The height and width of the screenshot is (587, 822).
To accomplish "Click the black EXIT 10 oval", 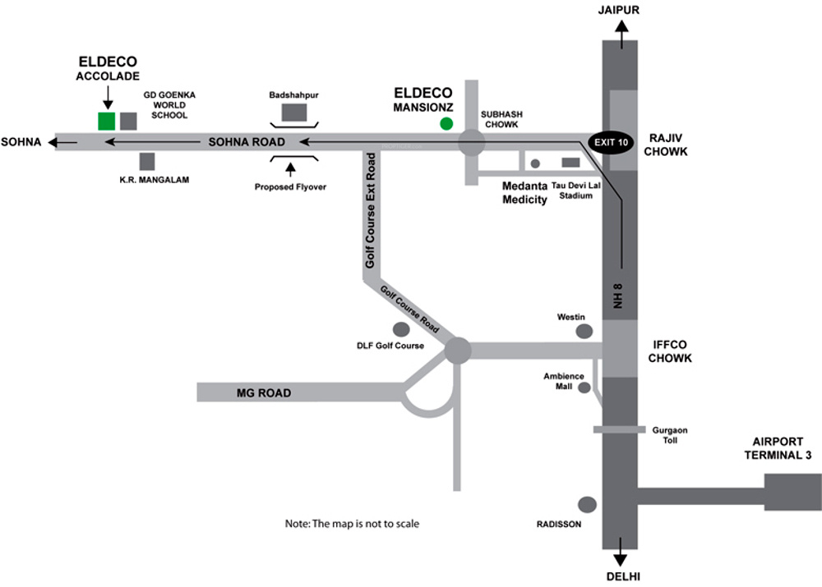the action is point(611,142).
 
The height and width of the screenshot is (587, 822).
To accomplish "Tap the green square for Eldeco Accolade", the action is point(106,121).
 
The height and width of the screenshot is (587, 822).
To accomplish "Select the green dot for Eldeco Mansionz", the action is point(446,124).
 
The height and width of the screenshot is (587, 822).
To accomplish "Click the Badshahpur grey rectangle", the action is point(294,112).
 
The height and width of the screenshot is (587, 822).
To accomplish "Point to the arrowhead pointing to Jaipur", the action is point(621,27).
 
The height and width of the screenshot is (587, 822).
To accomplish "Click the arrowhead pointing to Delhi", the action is point(620,559).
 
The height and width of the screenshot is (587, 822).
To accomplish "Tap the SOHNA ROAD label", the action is point(247,142).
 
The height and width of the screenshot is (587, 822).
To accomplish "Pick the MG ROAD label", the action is point(264,392).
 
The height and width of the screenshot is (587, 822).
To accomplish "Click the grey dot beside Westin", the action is point(584,331).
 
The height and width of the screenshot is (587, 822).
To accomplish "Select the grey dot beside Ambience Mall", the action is point(584,388).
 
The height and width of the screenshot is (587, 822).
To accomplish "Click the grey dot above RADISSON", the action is point(587,505).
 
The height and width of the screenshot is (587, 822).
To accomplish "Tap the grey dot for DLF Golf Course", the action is point(401,329).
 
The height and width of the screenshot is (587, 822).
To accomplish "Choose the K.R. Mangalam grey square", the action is point(147,161).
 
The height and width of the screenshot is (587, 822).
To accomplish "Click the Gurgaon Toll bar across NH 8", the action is point(619,429).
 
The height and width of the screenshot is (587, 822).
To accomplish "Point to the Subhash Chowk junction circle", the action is point(471,142).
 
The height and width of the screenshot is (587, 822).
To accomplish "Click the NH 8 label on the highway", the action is point(618,296).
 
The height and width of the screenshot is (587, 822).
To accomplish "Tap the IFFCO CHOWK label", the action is point(669,351).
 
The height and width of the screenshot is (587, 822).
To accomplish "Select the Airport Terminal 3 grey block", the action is point(792,493).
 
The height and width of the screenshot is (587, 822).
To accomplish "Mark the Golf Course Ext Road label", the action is point(370,210).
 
